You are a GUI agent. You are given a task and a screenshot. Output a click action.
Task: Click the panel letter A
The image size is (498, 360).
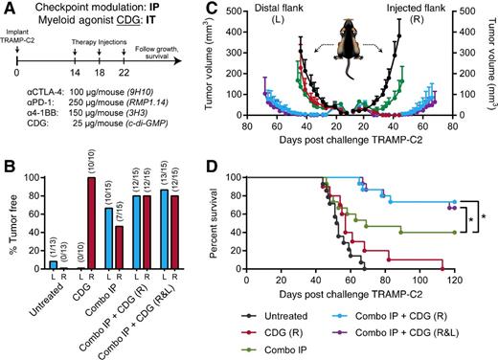coord(9,8)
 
